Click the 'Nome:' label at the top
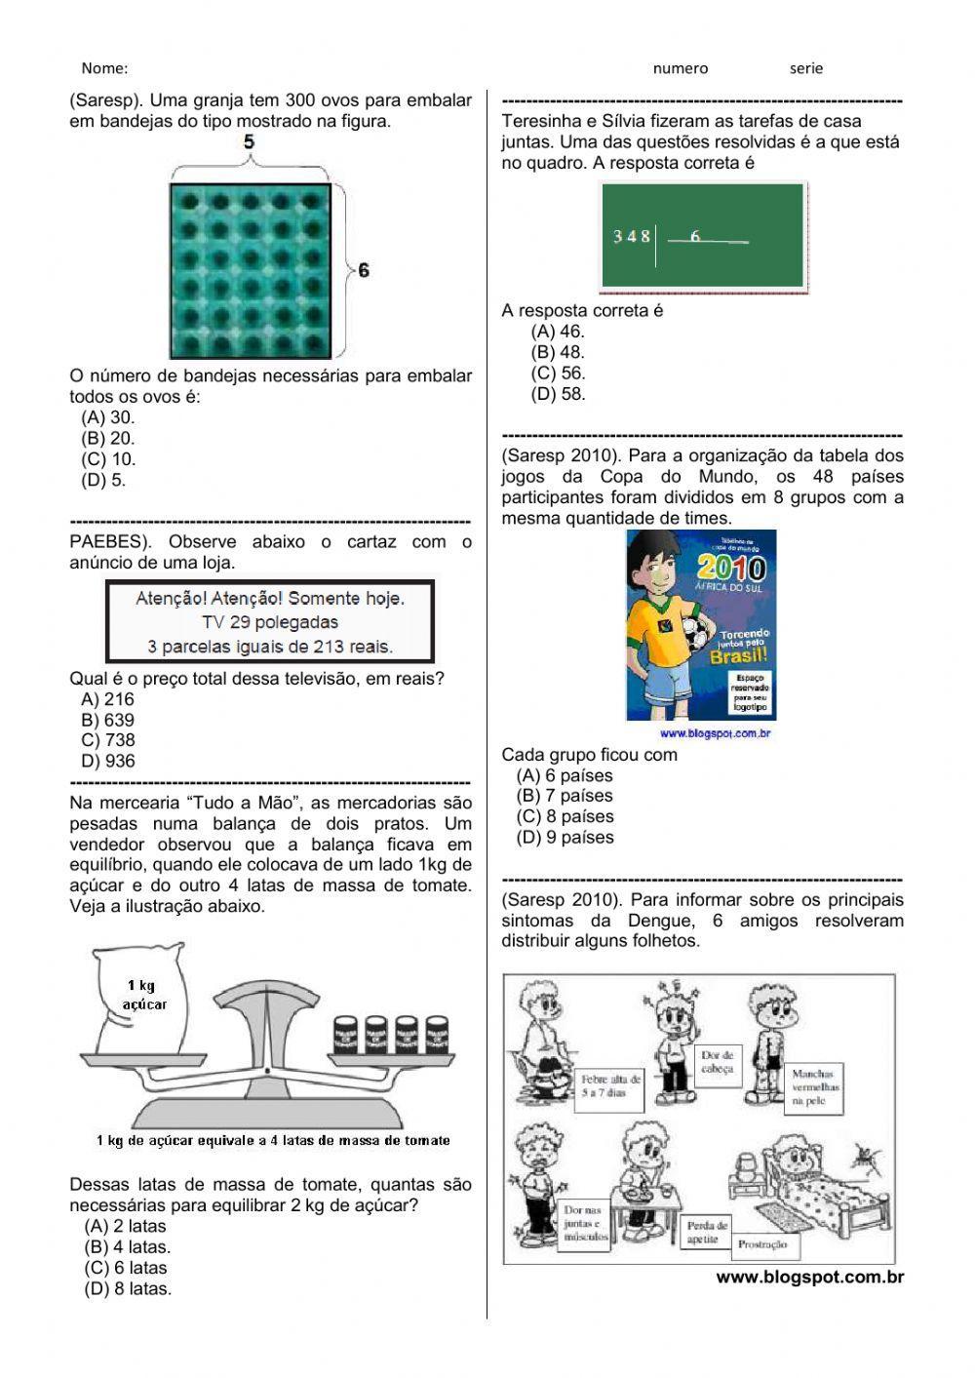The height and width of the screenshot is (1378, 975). (104, 68)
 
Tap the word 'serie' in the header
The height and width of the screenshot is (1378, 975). (806, 68)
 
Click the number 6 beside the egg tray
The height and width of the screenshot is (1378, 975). (364, 270)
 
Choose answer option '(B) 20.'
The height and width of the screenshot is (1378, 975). (108, 438)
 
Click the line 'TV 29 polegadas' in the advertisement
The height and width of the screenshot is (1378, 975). (270, 621)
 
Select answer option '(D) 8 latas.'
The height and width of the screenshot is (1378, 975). (128, 1288)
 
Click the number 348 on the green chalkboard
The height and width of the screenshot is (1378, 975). (631, 236)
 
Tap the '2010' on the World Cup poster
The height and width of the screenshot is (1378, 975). (738, 568)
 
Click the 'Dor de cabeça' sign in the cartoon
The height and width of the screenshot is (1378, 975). (717, 1061)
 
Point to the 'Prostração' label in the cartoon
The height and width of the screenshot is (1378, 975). (762, 1245)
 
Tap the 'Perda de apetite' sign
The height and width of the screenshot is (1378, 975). (707, 1232)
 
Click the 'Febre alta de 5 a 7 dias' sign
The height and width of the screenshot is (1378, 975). (610, 1085)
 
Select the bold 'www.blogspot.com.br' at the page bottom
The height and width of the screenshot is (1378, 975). (809, 1278)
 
